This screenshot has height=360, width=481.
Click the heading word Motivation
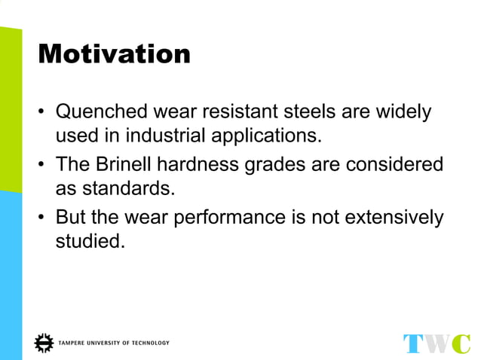click(114, 53)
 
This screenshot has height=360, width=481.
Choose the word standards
click(136, 188)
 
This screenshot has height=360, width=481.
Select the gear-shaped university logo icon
click(44, 343)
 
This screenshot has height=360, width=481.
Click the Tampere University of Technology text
click(114, 343)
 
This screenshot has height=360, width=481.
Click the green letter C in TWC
click(462, 343)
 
